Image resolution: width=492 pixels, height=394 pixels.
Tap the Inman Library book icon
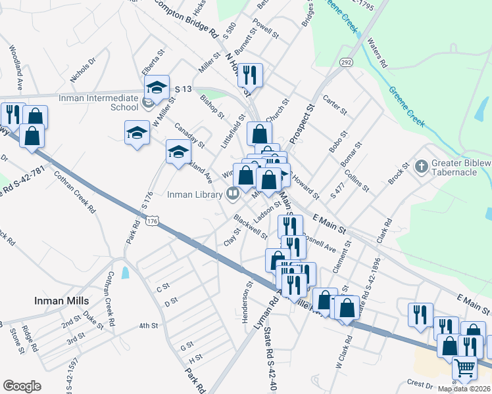232,193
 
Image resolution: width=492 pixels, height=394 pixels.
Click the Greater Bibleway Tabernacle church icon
422,164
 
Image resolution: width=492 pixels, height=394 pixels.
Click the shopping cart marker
464,370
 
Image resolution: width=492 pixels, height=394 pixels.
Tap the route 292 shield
345,62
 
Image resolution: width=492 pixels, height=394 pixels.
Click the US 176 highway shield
153,222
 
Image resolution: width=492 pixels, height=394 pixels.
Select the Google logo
22,386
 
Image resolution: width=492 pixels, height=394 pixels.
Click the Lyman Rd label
260,315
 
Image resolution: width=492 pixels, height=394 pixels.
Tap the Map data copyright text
464,388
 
